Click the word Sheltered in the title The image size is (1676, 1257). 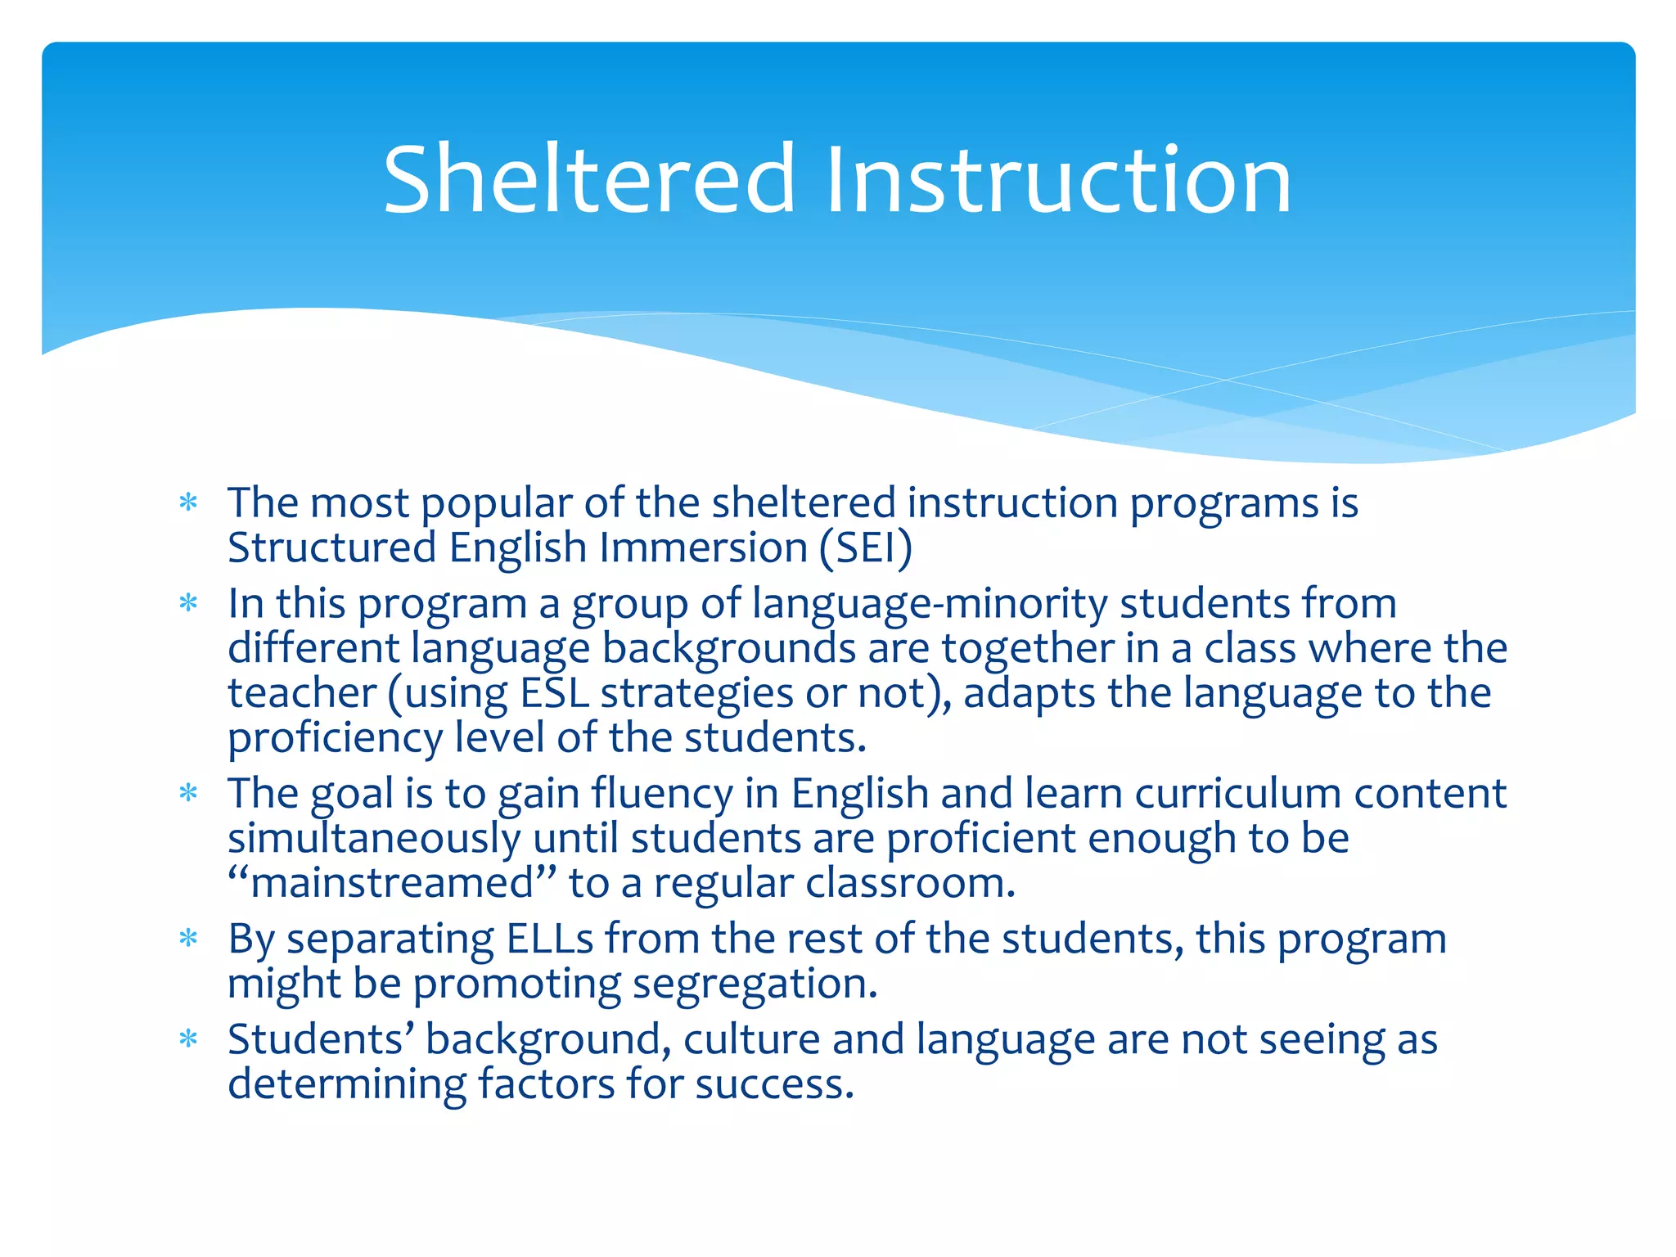[588, 179]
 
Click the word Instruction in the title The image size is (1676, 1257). [1058, 179]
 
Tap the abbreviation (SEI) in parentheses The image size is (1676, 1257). [865, 547]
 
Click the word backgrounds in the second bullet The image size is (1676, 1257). [728, 648]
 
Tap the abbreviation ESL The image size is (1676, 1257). [554, 693]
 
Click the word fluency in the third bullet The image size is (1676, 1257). [662, 794]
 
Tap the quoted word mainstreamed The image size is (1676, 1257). [392, 884]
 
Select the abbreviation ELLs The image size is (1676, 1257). [550, 939]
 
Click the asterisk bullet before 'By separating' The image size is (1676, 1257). [189, 939]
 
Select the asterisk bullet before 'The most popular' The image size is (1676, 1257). [189, 502]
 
